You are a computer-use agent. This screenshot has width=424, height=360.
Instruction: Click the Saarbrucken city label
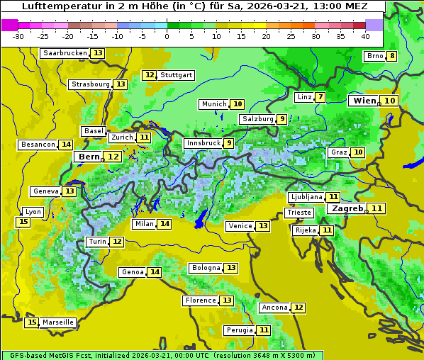65,53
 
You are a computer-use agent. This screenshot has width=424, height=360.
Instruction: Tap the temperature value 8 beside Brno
391,57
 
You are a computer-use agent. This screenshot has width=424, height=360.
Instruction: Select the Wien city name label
364,101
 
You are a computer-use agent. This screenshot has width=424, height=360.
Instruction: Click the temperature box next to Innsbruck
228,143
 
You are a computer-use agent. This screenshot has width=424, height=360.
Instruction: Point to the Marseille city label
58,322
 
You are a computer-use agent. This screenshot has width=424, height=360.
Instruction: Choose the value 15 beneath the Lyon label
23,222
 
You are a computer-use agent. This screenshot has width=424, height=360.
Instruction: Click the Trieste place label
299,213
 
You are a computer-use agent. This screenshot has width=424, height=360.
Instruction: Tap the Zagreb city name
347,209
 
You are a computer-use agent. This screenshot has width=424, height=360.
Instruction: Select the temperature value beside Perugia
264,330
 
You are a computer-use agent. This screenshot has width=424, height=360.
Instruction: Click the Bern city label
89,157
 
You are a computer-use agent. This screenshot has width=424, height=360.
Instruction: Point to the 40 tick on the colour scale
365,36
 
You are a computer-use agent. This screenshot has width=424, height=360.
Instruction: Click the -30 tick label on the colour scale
18,36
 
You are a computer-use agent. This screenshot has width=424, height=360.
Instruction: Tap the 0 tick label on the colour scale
167,36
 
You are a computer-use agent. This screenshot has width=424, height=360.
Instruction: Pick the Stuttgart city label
177,75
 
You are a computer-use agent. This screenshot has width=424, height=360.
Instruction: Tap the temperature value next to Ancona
299,308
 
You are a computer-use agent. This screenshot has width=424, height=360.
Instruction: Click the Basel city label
93,131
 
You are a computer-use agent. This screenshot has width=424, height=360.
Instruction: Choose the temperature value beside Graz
358,152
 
